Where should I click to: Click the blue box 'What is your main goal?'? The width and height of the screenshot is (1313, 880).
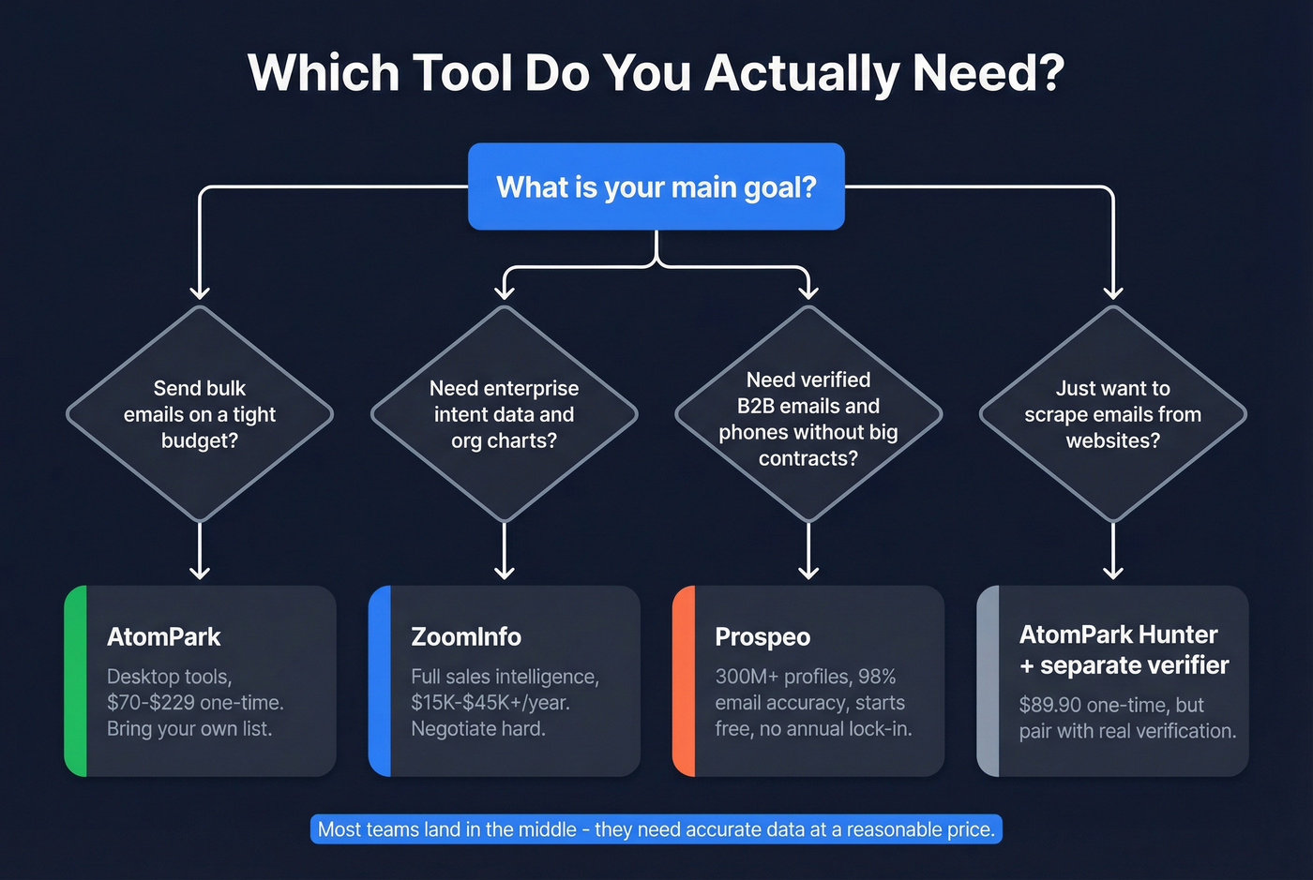pos(656,186)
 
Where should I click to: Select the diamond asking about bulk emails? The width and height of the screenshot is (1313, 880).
pos(200,414)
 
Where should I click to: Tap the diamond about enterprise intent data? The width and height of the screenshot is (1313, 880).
pos(504,414)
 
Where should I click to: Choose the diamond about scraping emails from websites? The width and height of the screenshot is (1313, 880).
pos(1112,414)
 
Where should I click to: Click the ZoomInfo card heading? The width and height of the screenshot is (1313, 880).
pos(466,637)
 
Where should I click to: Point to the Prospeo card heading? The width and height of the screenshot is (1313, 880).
pos(762,637)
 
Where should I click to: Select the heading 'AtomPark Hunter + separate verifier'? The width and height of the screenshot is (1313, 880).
pos(1124,649)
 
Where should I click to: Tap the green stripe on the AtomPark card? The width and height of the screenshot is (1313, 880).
pos(76,681)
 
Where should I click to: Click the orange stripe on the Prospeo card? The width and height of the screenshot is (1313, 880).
pos(685,681)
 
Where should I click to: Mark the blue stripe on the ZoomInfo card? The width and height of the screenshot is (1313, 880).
pos(380,681)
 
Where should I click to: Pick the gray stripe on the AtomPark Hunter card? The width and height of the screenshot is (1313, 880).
pos(989,681)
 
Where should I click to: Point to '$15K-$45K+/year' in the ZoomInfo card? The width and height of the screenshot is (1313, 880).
pos(490,703)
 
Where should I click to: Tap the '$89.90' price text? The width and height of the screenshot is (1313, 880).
pos(1050,705)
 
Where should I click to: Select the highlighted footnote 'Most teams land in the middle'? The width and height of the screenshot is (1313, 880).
pos(656,829)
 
